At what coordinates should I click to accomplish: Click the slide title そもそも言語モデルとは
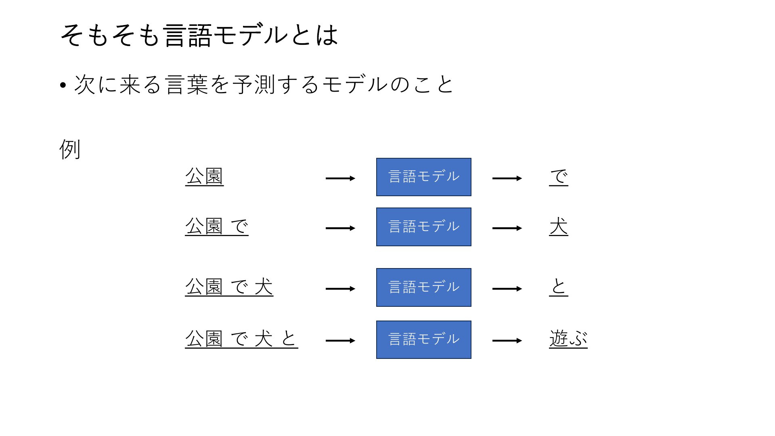pyautogui.click(x=199, y=35)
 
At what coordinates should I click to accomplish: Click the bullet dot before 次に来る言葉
pyautogui.click(x=63, y=86)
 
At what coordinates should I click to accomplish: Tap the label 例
pyautogui.click(x=70, y=149)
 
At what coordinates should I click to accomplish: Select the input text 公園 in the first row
pyautogui.click(x=204, y=176)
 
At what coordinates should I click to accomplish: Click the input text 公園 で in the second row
pyautogui.click(x=217, y=226)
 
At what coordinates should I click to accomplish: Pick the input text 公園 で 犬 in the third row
pyautogui.click(x=229, y=287)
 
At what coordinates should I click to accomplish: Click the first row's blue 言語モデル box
pyautogui.click(x=424, y=177)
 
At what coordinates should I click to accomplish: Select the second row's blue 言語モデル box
pyautogui.click(x=424, y=227)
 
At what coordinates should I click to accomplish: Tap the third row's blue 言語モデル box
pyautogui.click(x=424, y=287)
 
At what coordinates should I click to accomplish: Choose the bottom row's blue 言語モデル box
pyautogui.click(x=424, y=340)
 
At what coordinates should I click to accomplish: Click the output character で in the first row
pyautogui.click(x=559, y=177)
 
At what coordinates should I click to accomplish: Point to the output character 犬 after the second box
pyautogui.click(x=559, y=226)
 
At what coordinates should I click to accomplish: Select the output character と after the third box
pyautogui.click(x=559, y=287)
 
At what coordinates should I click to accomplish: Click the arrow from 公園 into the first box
pyautogui.click(x=340, y=178)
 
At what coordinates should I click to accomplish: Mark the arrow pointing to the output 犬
pyautogui.click(x=507, y=228)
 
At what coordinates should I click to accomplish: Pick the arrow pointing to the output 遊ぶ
pyautogui.click(x=507, y=341)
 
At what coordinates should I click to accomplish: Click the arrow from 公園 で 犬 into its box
pyautogui.click(x=340, y=289)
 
